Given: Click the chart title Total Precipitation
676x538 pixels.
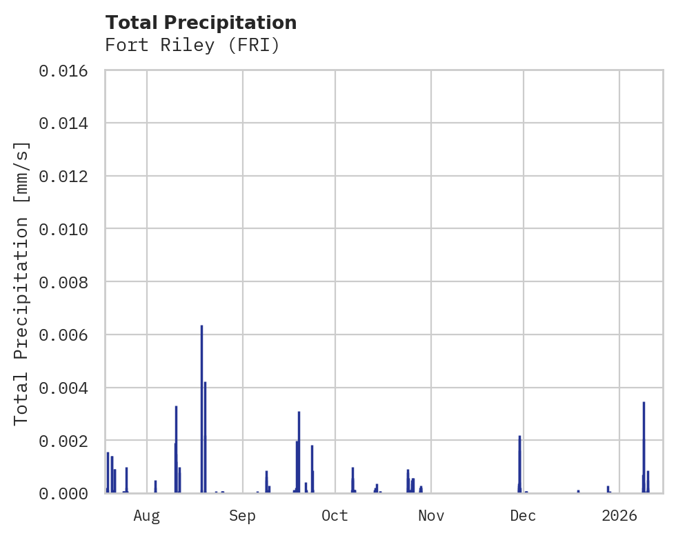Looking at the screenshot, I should (201, 23).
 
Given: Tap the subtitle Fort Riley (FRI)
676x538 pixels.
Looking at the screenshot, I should (192, 46).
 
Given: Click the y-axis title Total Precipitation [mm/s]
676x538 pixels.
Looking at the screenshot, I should (21, 283).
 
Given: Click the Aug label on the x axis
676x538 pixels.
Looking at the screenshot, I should (147, 515).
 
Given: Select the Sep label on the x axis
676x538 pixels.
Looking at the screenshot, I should (243, 515).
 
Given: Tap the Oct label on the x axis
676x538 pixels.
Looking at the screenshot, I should (335, 515).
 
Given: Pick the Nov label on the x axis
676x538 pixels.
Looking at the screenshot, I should (431, 515).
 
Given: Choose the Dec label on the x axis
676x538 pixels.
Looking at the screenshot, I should (524, 515).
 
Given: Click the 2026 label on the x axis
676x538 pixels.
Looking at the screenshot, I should (619, 515).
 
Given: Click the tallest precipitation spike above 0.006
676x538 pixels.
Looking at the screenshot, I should (201, 407).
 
